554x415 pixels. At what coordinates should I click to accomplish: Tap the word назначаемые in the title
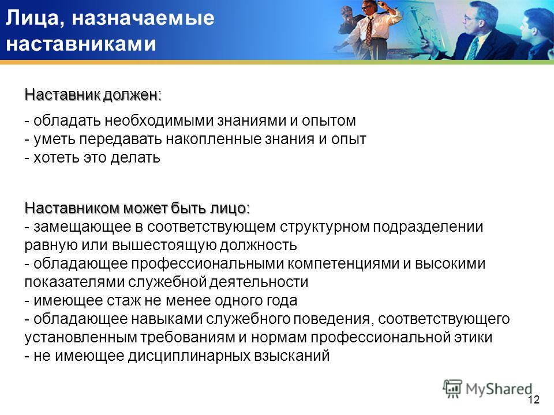click(x=143, y=18)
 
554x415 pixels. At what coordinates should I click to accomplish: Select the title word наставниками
click(x=81, y=44)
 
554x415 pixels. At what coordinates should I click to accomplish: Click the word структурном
click(x=324, y=227)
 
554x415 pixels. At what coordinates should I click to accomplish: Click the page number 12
click(x=533, y=399)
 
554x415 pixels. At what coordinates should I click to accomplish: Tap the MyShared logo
click(x=488, y=389)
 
